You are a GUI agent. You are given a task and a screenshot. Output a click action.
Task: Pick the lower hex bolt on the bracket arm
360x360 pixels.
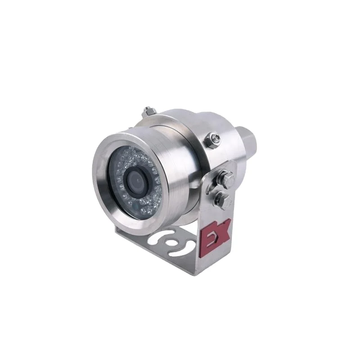point(222,198)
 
